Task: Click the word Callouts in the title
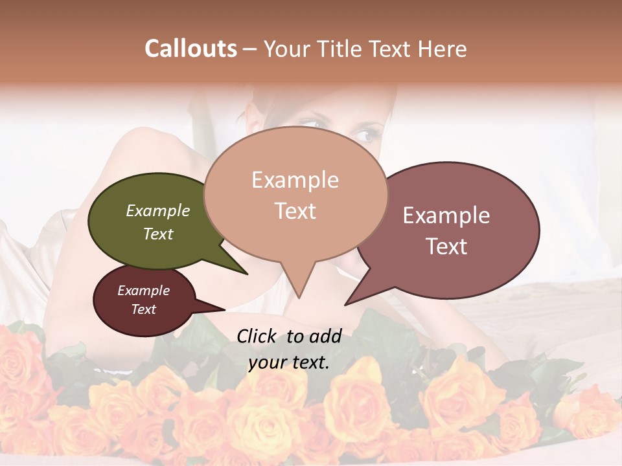190,49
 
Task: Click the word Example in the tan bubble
295,180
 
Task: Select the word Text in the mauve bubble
446,247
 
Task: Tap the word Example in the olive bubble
158,211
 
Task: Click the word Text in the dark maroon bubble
144,309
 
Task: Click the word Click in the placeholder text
257,336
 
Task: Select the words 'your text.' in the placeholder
289,362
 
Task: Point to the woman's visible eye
365,135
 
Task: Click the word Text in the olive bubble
158,234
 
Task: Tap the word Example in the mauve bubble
446,216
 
